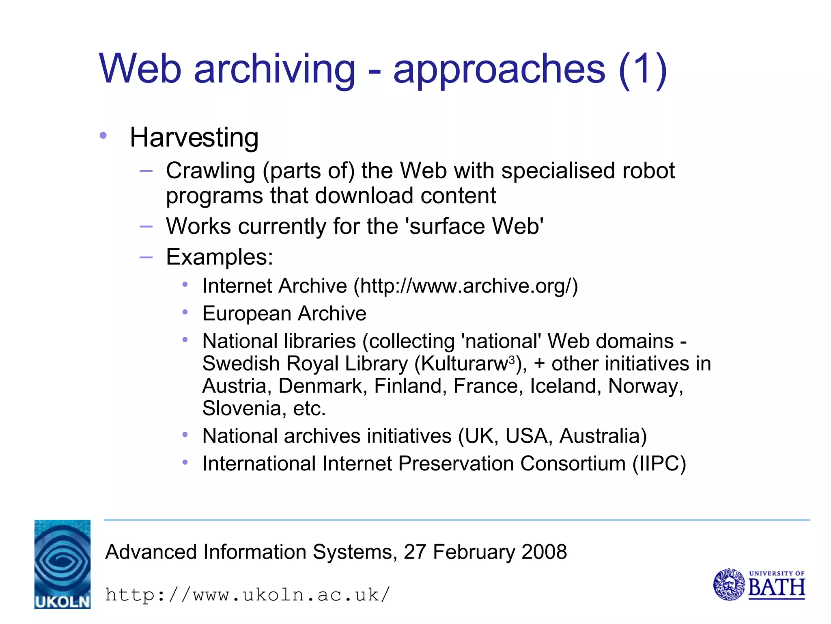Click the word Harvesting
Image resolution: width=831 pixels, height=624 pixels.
pos(194,138)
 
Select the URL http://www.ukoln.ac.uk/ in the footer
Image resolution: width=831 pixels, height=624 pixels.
pos(248,595)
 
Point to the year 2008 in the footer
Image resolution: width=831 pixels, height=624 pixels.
pos(544,552)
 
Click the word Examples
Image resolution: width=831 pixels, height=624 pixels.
pos(219,257)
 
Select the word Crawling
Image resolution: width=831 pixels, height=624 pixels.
pos(210,171)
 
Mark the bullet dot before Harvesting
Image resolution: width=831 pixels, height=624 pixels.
pos(103,135)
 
